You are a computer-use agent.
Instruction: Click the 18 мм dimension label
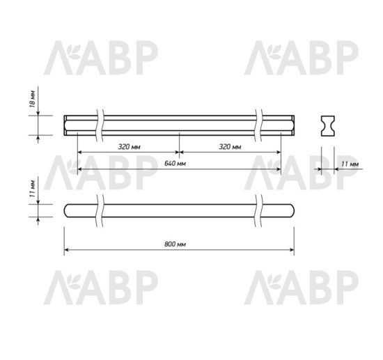pyautogui.click(x=32, y=104)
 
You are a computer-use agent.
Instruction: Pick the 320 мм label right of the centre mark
pyautogui.click(x=230, y=147)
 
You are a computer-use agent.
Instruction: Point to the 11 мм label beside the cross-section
pyautogui.click(x=350, y=164)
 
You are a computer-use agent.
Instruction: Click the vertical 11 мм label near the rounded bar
pyautogui.click(x=32, y=189)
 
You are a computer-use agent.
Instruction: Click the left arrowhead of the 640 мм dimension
pyautogui.click(x=79, y=169)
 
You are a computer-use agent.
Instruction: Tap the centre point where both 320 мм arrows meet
pyautogui.click(x=179, y=152)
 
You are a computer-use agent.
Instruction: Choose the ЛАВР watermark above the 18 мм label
pyautogui.click(x=102, y=58)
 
